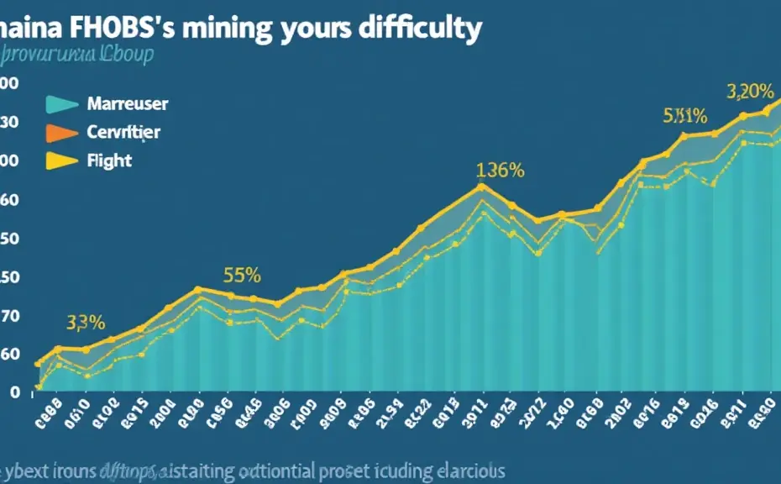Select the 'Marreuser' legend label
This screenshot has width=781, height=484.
pos(127,104)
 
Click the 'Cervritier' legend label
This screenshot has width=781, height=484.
pos(123,132)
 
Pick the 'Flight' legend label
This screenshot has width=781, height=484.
pos(109,160)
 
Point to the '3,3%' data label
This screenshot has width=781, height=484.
pos(85,322)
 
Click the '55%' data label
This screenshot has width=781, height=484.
pos(242,274)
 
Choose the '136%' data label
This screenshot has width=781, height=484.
pos(500,170)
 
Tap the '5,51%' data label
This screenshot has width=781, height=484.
pos(684,116)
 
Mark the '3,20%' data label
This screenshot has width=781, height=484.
pos(749,91)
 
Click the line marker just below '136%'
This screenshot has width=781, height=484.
pos(481,187)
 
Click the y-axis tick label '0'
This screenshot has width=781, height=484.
pos(14,392)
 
